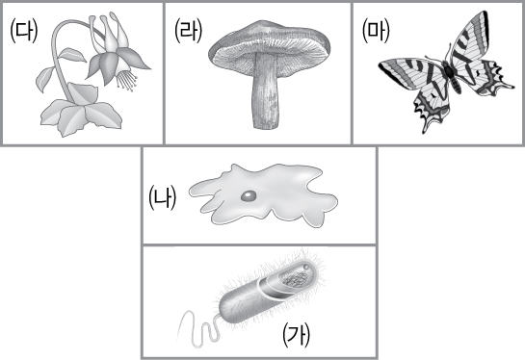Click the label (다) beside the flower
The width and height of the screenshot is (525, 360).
coord(24,31)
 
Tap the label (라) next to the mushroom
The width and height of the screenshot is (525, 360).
coord(189,31)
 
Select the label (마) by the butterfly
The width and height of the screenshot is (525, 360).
coord(377,31)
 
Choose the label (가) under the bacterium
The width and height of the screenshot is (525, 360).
coord(297,335)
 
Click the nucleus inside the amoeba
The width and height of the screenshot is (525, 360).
coord(249,196)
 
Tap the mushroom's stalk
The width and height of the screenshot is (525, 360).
coord(265,92)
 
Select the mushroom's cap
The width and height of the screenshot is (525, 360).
coord(270,41)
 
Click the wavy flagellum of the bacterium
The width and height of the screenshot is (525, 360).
coord(198,329)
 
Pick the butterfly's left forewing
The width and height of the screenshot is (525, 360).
coord(412,72)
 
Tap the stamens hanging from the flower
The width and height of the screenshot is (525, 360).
coord(126,80)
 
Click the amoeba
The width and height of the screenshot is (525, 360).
coord(264,195)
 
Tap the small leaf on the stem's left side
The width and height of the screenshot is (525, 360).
coord(45,79)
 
